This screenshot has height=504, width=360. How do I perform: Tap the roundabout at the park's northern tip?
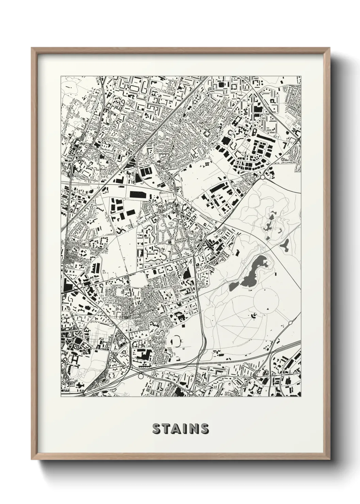click(263, 177)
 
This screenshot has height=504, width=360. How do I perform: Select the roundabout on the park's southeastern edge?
click(291, 322)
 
